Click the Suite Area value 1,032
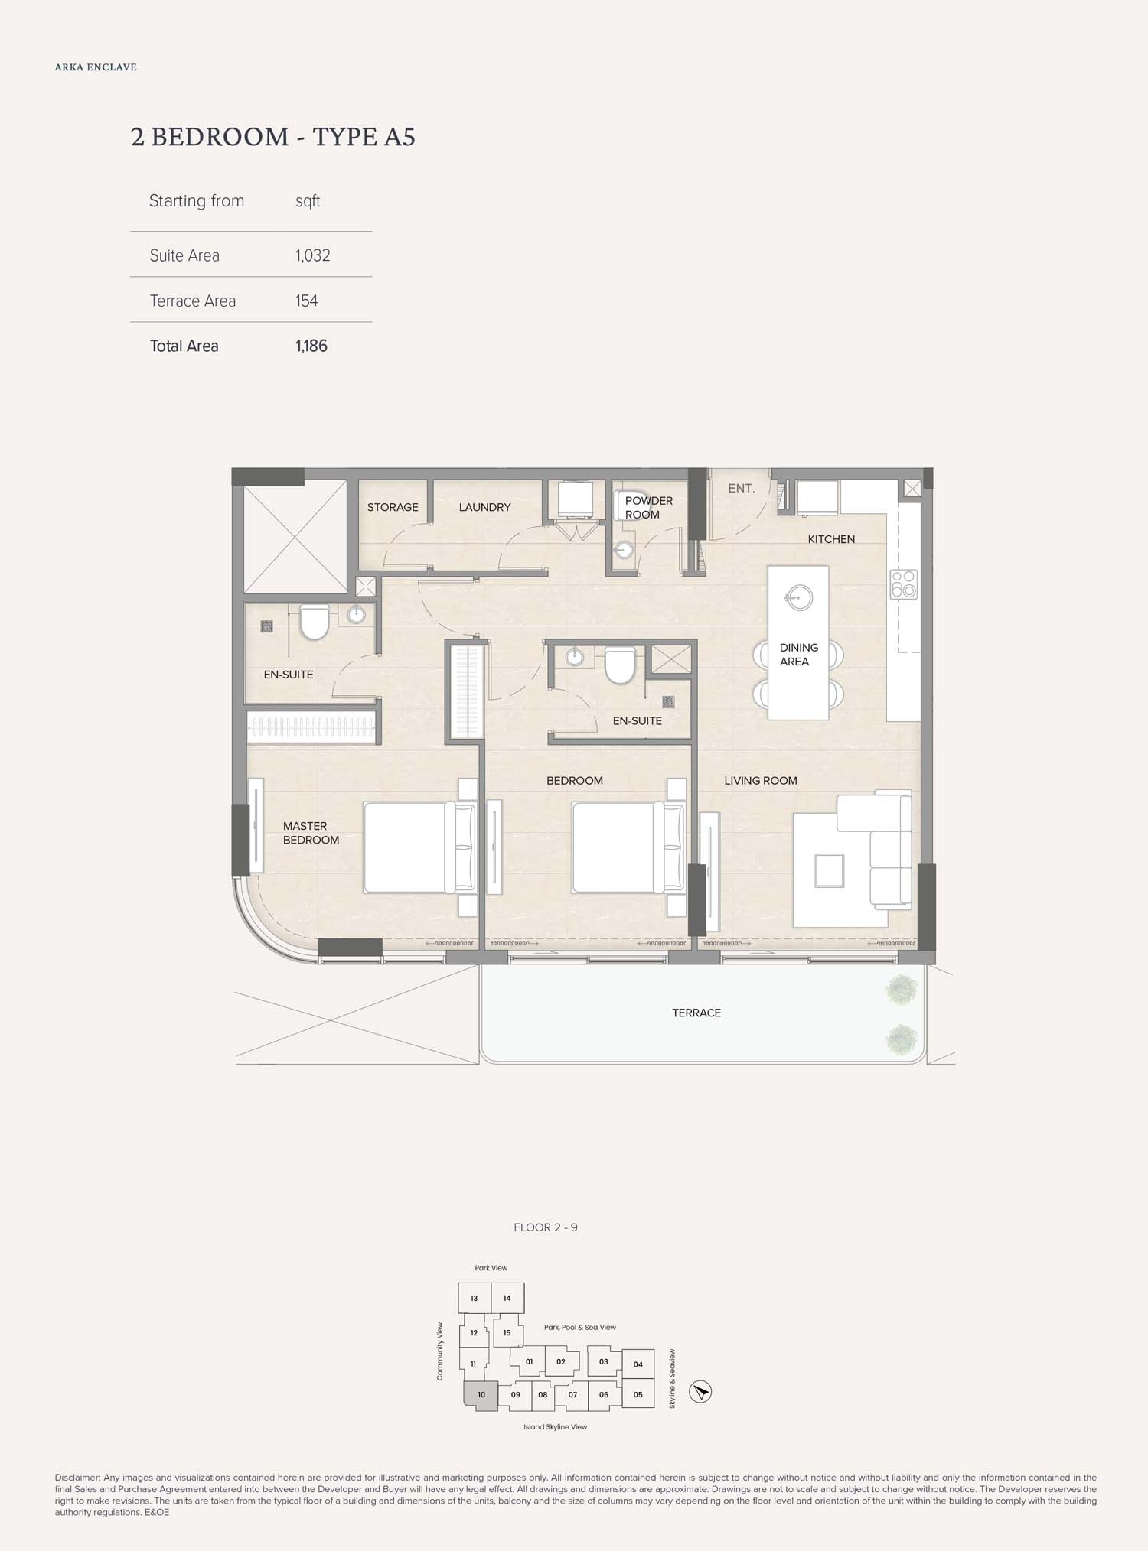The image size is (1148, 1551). (313, 255)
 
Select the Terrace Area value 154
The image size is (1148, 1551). (306, 301)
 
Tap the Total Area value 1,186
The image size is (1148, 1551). (311, 346)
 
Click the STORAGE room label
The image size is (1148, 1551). (393, 507)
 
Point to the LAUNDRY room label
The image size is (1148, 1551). (484, 507)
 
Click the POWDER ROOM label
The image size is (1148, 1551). (649, 508)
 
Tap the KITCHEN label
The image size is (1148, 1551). (831, 539)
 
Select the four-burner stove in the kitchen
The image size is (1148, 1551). (903, 584)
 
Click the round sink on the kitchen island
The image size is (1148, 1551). (799, 597)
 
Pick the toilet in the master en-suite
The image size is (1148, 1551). (314, 622)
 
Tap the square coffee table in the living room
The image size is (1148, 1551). (829, 870)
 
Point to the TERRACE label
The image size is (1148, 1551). (696, 1013)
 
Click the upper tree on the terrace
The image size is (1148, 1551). (901, 990)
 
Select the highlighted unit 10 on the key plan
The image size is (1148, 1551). (481, 1395)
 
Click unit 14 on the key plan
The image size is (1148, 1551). (507, 1298)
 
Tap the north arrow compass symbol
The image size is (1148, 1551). (700, 1391)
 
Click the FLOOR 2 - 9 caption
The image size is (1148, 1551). (546, 1227)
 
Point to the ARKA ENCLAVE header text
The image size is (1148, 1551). (96, 67)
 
